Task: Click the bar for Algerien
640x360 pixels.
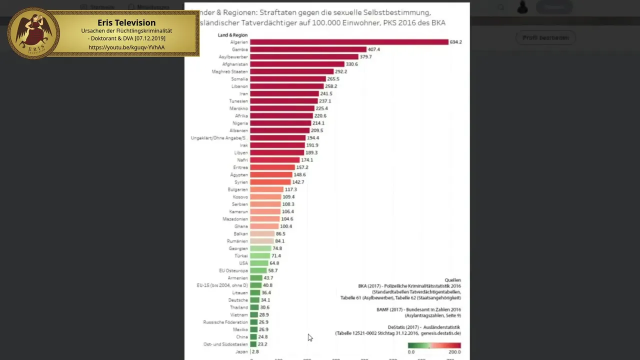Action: click(349, 42)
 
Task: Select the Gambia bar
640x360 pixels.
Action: click(308, 49)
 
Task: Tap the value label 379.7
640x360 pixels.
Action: click(365, 57)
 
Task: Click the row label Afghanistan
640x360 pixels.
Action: click(234, 64)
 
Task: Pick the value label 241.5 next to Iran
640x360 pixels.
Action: click(326, 93)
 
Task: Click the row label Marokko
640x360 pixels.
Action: click(238, 108)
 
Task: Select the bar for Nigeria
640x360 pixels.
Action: click(280, 123)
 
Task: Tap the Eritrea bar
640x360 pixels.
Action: click(272, 167)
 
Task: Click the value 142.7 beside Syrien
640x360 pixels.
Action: click(298, 182)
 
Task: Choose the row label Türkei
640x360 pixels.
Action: click(241, 255)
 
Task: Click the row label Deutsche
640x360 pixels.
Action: click(238, 300)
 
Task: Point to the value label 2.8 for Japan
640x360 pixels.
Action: click(255, 351)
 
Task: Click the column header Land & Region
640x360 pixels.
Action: click(232, 35)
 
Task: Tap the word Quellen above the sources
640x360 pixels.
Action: click(452, 280)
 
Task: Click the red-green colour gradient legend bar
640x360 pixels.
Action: click(434, 345)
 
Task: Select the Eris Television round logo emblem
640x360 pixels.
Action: click(33, 33)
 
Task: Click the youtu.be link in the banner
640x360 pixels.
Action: click(126, 47)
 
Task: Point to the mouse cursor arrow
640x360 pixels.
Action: click(310, 338)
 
